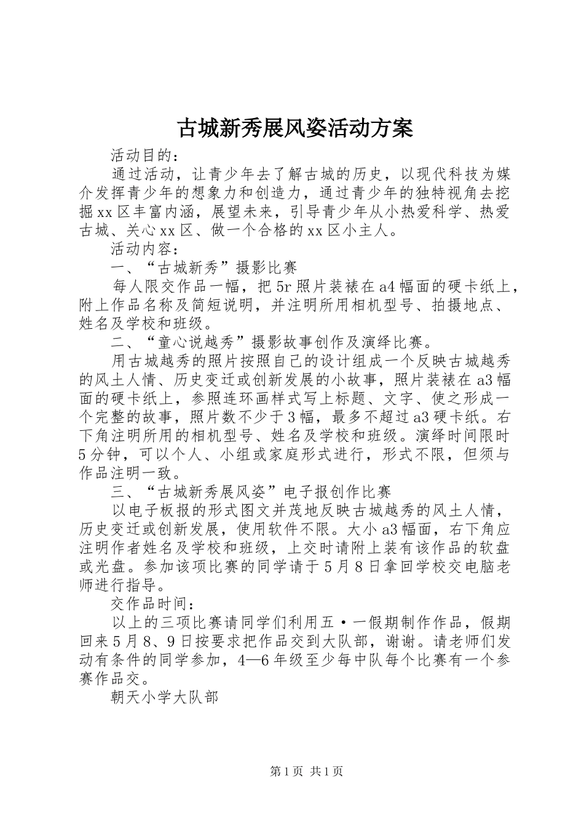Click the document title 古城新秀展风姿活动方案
click(x=294, y=128)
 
